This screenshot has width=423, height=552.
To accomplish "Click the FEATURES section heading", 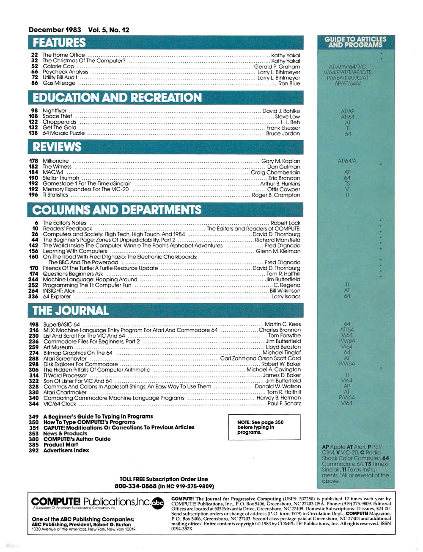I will coord(59,43).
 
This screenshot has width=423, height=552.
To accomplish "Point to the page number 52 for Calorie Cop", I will coord(35,67).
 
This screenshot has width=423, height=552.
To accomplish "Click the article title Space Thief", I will coord(58,116).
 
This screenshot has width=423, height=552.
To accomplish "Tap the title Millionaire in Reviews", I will coord(55,161).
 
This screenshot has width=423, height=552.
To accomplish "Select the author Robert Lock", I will coord(285,223).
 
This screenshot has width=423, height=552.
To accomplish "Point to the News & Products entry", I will coord(65,433).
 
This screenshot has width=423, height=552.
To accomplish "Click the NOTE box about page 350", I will coord(255,427).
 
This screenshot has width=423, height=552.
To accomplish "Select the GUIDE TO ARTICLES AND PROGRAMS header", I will coord(355,43).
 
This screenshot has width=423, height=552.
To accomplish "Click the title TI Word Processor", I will coord(65,375).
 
